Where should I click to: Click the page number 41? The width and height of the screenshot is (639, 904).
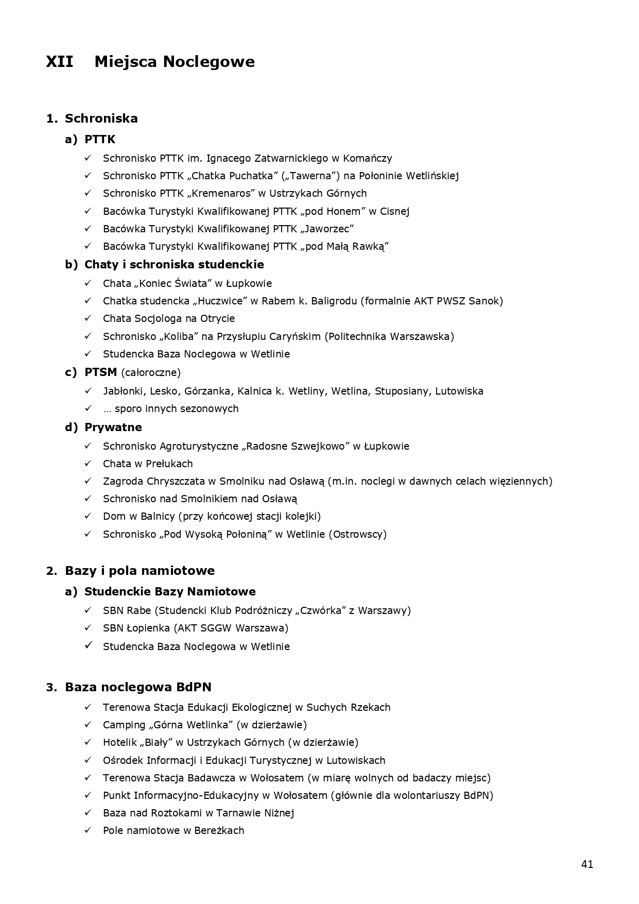[587, 864]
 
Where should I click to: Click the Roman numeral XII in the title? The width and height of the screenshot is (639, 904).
[59, 62]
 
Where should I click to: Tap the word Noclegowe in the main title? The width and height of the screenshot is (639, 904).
[209, 62]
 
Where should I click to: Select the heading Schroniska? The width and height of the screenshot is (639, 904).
[101, 118]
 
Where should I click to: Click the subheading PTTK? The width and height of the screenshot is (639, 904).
[100, 139]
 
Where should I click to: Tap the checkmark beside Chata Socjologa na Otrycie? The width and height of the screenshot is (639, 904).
[88, 318]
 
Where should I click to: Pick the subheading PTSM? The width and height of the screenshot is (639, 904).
[100, 372]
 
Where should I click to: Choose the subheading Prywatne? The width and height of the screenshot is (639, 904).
[113, 427]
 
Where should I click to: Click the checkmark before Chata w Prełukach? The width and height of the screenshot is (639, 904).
[88, 464]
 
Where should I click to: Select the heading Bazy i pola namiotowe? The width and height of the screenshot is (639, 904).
[140, 571]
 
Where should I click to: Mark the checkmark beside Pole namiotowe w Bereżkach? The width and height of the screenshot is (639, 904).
[88, 830]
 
